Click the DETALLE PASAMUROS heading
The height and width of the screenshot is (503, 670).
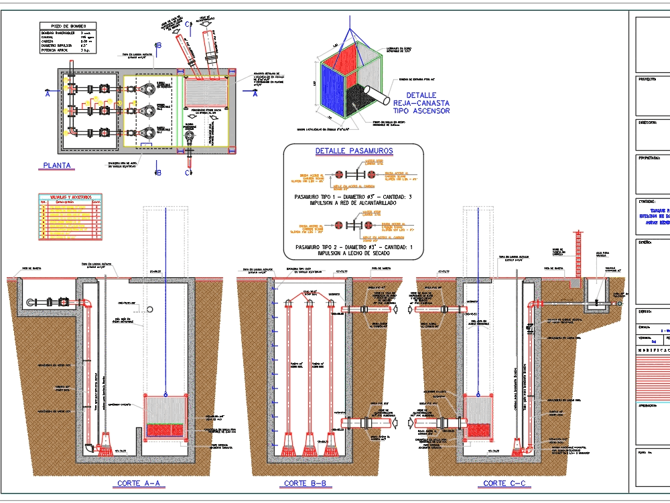[354, 151]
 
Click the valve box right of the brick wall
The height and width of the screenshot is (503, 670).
[594, 295]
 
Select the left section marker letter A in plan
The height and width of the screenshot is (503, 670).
[47, 94]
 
